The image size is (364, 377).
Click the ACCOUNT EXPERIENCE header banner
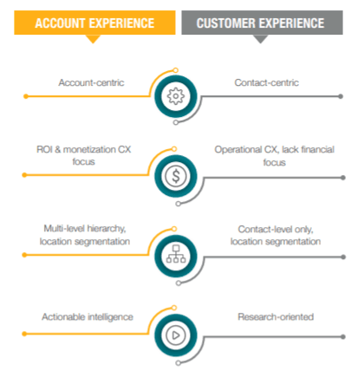pos(94,23)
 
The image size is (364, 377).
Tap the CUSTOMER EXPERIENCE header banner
pos(262,23)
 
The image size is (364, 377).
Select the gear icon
pos(176,96)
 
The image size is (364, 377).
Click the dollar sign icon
pos(176,176)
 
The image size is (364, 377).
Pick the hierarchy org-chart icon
pos(176,254)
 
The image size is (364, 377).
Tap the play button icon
pos(176,335)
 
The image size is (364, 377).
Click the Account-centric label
pos(91,82)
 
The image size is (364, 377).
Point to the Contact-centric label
pos(266,82)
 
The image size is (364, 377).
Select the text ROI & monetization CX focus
pos(83,155)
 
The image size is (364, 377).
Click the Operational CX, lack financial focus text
pos(275,156)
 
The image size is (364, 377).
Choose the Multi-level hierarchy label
pos(85,229)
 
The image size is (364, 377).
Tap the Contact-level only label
pos(276,229)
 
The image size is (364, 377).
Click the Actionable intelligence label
pos(88,317)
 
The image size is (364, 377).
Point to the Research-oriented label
pos(276,317)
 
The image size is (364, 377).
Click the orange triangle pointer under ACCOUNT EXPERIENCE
pos(93,39)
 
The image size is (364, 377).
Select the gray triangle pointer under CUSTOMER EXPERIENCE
pos(260,39)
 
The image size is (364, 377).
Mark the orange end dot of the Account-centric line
pos(26,96)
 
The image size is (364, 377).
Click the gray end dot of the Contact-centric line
pos(341,96)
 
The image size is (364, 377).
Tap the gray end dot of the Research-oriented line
pos(343,336)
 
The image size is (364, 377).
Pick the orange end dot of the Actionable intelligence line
pos(24,334)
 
